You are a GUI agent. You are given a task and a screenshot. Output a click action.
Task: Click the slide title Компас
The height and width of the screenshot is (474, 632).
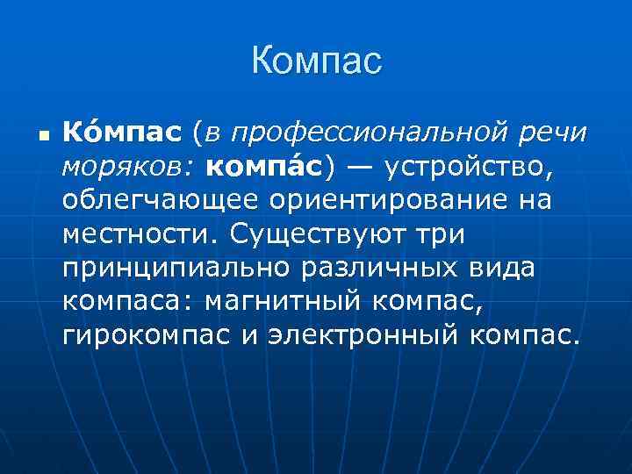(316, 61)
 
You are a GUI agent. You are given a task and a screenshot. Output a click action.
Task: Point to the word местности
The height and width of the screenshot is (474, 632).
(139, 234)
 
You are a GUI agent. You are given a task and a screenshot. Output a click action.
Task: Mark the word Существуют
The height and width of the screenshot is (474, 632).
(325, 234)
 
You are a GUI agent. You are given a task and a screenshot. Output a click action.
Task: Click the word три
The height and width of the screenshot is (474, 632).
(448, 234)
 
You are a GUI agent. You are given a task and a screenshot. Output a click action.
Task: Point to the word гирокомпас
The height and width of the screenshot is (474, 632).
(133, 334)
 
